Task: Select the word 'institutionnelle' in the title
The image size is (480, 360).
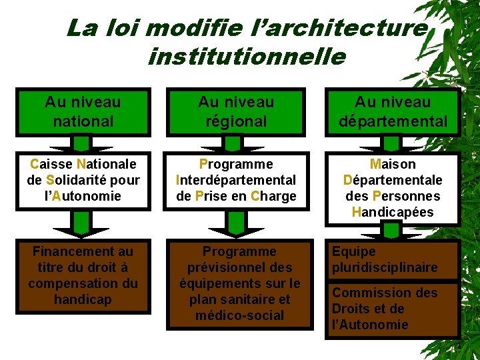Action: coord(247,56)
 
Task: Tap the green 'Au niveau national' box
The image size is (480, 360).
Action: coord(83,111)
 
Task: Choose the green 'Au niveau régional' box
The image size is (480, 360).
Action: coord(236,111)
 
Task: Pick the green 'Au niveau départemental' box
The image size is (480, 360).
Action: coord(393,111)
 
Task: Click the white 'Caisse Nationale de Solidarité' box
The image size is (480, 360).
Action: coord(83,181)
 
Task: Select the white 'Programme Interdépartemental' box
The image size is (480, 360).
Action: coord(236,181)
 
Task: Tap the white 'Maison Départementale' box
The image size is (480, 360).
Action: coord(393,189)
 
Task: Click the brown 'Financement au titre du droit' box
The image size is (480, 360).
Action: coord(83,275)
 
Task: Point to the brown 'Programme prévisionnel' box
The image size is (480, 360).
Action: coord(239,283)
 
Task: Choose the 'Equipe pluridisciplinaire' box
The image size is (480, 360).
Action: coord(393,260)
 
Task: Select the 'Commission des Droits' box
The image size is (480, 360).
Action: coord(393,309)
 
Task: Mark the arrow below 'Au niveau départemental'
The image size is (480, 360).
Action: coord(393,144)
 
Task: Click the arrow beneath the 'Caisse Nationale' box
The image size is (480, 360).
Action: coord(81,225)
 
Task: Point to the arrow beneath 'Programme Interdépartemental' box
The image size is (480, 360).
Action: coord(236,225)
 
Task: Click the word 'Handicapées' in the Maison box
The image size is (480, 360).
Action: coord(393,213)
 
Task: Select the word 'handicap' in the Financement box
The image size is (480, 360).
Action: coord(83,300)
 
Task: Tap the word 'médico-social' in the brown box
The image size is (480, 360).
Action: coord(239,315)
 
